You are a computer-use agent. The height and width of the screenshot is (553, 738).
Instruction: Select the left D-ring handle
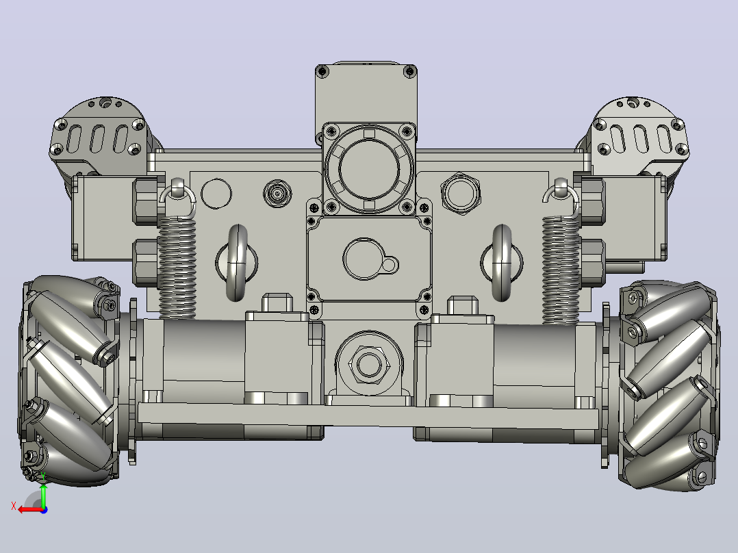click(x=237, y=263)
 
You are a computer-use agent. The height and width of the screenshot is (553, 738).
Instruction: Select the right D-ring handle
click(x=502, y=263)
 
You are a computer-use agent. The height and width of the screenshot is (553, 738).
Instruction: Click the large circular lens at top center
click(x=369, y=168)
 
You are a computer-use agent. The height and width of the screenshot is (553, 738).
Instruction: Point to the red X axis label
click(x=14, y=506)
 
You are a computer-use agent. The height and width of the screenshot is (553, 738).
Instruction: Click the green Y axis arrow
click(x=43, y=495)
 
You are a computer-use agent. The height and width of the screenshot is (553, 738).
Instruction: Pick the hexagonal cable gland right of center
click(x=461, y=194)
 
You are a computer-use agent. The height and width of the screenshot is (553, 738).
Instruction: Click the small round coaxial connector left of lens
click(x=277, y=194)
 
